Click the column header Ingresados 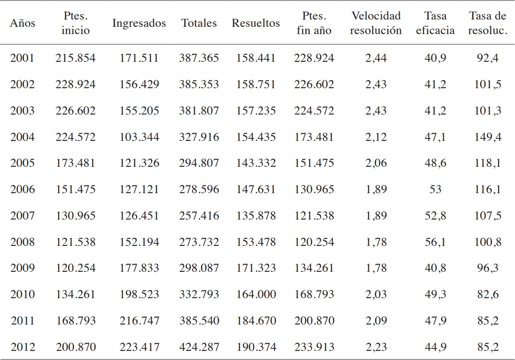pyautogui.click(x=139, y=23)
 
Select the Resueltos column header pyautogui.click(x=256, y=23)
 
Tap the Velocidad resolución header pyautogui.click(x=376, y=23)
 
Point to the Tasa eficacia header pyautogui.click(x=435, y=23)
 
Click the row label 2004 pyautogui.click(x=22, y=137)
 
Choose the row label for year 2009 pyautogui.click(x=22, y=268)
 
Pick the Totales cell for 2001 pyautogui.click(x=199, y=58)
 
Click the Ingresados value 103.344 pyautogui.click(x=139, y=137)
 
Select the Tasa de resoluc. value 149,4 pyautogui.click(x=488, y=137)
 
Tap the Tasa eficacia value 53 pyautogui.click(x=435, y=190)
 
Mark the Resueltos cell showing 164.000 pyautogui.click(x=256, y=295)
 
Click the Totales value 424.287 pyautogui.click(x=199, y=347)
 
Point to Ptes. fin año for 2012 pyautogui.click(x=314, y=347)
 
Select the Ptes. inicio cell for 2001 pyautogui.click(x=75, y=58)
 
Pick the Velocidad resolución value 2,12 pyautogui.click(x=376, y=137)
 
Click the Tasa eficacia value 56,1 pyautogui.click(x=435, y=242)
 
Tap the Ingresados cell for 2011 pyautogui.click(x=139, y=321)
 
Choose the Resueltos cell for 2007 pyautogui.click(x=256, y=216)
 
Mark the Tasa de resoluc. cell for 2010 pyautogui.click(x=488, y=295)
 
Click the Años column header pyautogui.click(x=22, y=23)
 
